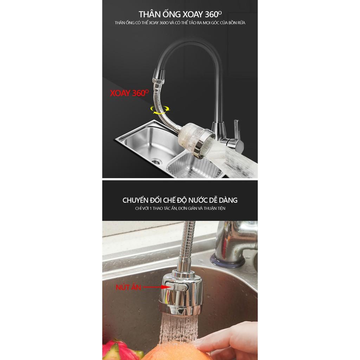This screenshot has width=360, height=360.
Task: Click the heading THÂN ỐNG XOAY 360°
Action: pyautogui.click(x=180, y=14)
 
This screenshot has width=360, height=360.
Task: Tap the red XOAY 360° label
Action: pyautogui.click(x=129, y=93)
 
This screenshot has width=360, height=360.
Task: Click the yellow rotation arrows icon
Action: pyautogui.click(x=160, y=110)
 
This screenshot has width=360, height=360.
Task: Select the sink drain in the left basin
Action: pyautogui.click(x=156, y=161)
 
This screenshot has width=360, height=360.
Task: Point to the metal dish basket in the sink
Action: pyautogui.click(x=194, y=166)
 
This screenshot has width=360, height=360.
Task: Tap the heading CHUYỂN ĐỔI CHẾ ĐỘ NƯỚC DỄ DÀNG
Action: pyautogui.click(x=180, y=200)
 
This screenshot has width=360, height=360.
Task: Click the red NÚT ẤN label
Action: pyautogui.click(x=128, y=287)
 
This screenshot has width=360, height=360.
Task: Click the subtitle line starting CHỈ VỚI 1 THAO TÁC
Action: pyautogui.click(x=180, y=208)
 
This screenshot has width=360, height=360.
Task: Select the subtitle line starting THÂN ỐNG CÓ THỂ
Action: pyautogui.click(x=180, y=23)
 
